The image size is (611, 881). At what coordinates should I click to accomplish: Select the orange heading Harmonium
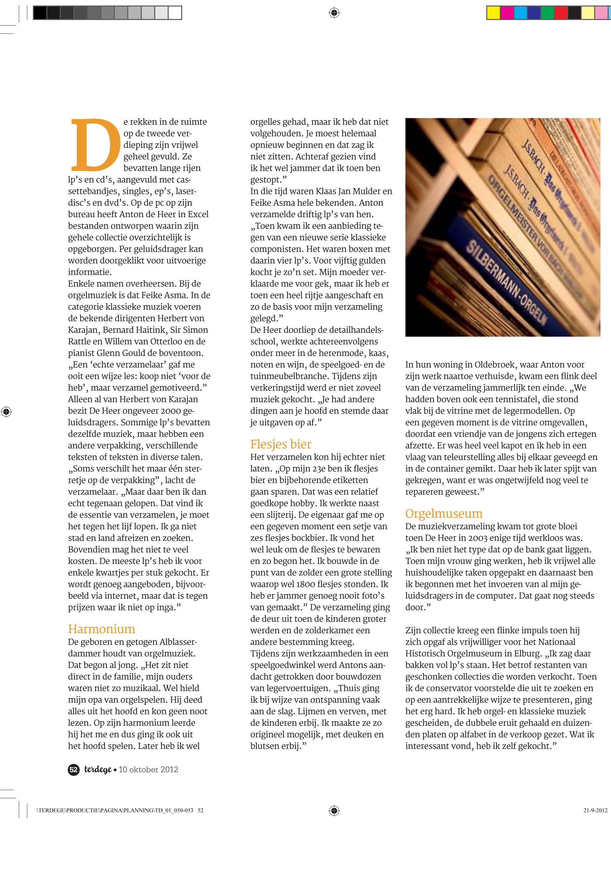[101, 629]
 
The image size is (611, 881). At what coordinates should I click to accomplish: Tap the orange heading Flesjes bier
[280, 444]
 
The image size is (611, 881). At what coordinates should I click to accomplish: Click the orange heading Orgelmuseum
[444, 513]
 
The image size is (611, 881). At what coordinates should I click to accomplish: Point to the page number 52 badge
[74, 770]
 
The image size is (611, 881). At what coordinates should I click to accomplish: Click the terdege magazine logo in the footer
[98, 770]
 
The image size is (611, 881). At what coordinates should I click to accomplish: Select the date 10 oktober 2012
[149, 770]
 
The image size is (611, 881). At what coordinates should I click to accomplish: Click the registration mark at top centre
[334, 13]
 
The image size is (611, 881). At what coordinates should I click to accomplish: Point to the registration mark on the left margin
[7, 412]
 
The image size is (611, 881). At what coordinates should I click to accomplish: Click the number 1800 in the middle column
[308, 584]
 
